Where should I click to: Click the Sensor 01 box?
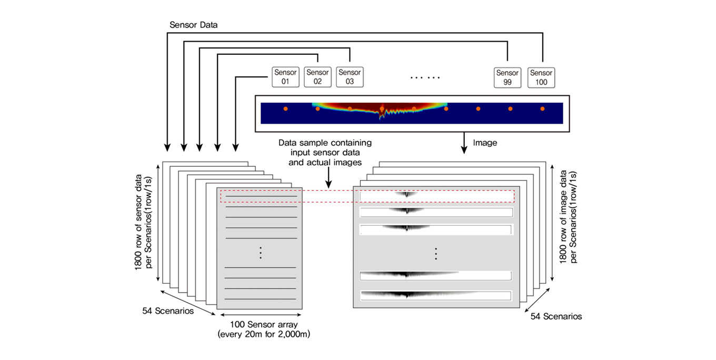pos(285,77)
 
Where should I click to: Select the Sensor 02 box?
pos(317,77)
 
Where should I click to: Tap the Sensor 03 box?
pos(350,77)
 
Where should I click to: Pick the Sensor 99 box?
pos(508,77)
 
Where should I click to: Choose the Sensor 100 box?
pos(541,77)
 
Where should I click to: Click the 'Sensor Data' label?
pos(194,25)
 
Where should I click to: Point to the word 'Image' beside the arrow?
pos(485,143)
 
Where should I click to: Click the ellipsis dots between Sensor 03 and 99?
pos(425,77)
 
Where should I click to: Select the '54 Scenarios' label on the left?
pos(168,311)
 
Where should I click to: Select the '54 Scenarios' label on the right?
pos(556,316)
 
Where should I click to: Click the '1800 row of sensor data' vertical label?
pos(143,224)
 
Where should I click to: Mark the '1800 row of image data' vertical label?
pos(569,217)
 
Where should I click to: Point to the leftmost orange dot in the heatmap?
pos(285,109)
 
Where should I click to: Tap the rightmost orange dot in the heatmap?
pos(542,109)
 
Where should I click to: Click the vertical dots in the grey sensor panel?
pos(260,253)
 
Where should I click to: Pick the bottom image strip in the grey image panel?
pos(436,295)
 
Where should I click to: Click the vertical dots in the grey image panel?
pos(436,253)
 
